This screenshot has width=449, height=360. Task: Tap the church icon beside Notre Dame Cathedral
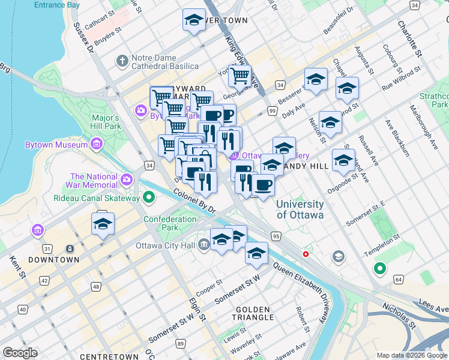coord(122,61)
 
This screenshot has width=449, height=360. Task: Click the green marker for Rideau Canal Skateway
coord(149,197)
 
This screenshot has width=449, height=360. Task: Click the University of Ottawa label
coord(300,209)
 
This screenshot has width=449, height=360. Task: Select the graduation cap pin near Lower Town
coord(194,21)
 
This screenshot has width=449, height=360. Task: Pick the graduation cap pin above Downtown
coord(103,224)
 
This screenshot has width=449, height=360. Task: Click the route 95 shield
coord(276,236)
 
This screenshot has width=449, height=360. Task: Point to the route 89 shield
coord(181,343)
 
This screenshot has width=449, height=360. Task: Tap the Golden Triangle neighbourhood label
coord(252,314)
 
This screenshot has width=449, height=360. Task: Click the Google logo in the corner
coord(20,353)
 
